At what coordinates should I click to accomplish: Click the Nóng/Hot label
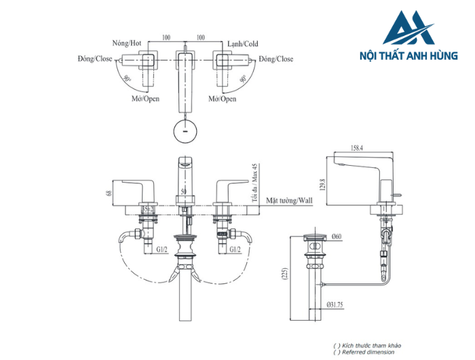(126, 43)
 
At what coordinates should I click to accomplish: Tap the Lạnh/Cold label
(242, 43)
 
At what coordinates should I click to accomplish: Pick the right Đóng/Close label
(275, 59)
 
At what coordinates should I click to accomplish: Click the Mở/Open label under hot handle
(145, 98)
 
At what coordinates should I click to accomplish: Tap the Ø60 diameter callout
(337, 237)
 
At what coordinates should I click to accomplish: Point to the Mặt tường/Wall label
(288, 202)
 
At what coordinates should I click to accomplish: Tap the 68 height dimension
(109, 192)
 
